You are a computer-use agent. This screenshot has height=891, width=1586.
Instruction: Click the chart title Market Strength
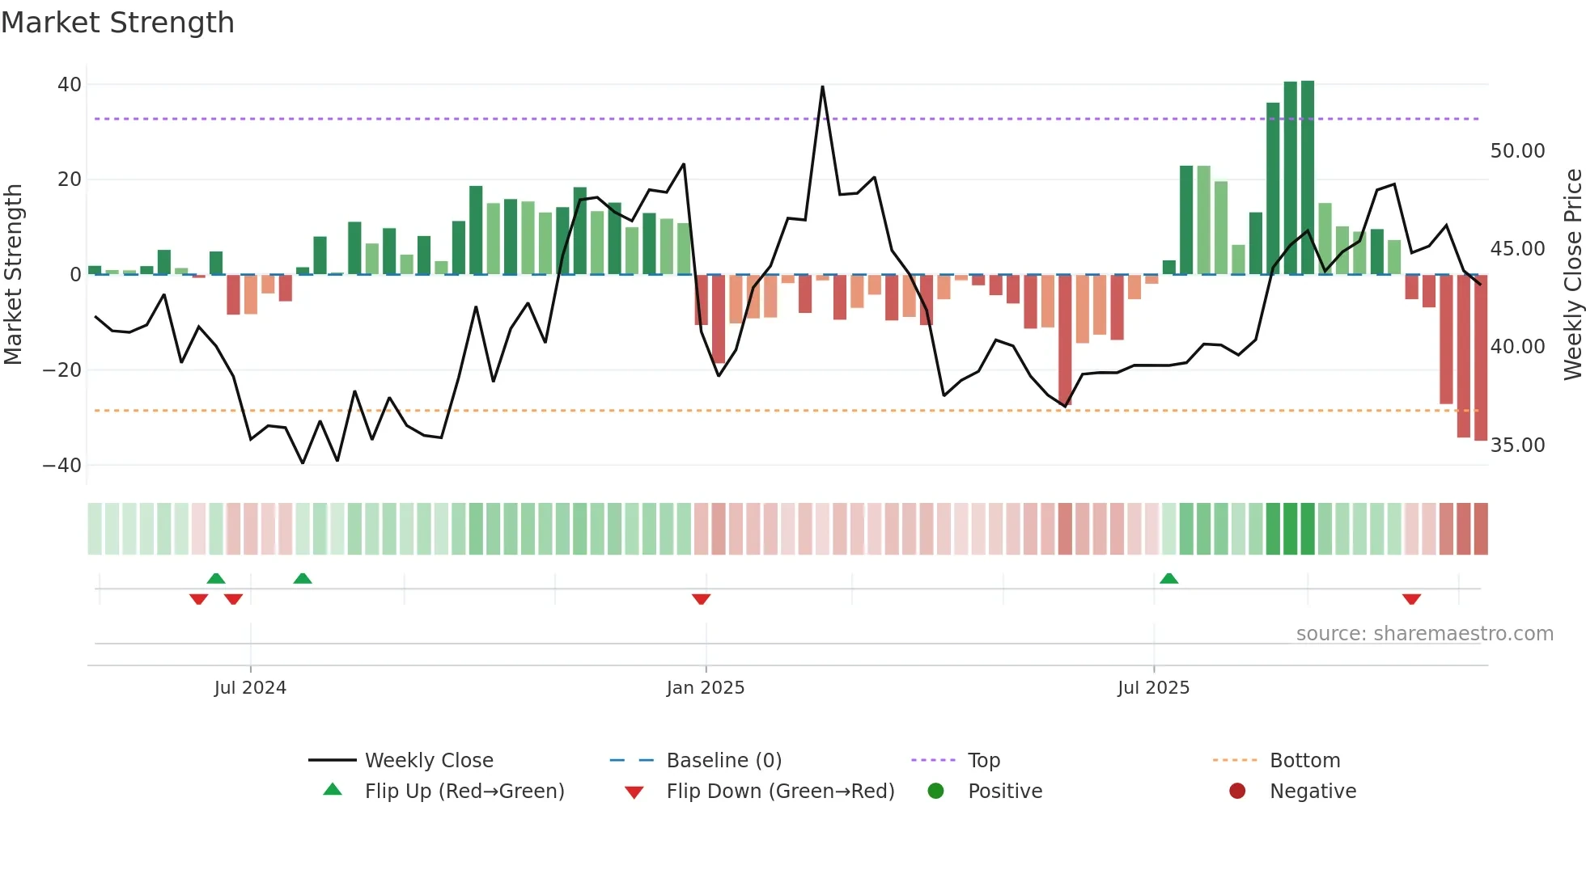point(117,23)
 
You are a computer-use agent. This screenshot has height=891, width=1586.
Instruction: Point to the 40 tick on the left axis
point(70,85)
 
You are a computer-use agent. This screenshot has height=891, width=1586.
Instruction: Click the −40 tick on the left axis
point(62,466)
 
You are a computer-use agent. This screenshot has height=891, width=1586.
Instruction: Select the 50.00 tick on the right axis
point(1517,151)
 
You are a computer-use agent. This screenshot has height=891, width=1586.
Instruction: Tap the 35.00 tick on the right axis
point(1517,445)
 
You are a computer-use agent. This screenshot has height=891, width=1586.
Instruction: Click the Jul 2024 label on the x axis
point(250,688)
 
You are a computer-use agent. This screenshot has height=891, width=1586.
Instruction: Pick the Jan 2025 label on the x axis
point(706,688)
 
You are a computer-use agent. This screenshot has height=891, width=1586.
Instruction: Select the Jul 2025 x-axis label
point(1153,688)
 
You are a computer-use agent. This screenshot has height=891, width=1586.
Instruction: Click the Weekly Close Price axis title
point(1572,275)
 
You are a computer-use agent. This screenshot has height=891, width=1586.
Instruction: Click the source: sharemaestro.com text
point(1424,634)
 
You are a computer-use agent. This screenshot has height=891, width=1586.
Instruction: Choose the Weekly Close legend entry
point(428,761)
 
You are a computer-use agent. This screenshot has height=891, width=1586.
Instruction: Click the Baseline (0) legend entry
point(723,761)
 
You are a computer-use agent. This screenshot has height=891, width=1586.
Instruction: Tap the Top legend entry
point(983,761)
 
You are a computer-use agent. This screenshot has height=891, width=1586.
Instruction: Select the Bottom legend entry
point(1304,761)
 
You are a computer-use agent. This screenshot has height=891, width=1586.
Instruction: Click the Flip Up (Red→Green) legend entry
point(464,792)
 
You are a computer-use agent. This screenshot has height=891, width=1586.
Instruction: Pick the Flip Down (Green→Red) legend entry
point(780,792)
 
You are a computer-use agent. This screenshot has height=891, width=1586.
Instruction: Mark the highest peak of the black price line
point(822,87)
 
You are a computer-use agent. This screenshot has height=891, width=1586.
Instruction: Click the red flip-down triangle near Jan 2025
point(702,599)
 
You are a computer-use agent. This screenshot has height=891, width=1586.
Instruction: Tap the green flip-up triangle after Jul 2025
point(1168,578)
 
